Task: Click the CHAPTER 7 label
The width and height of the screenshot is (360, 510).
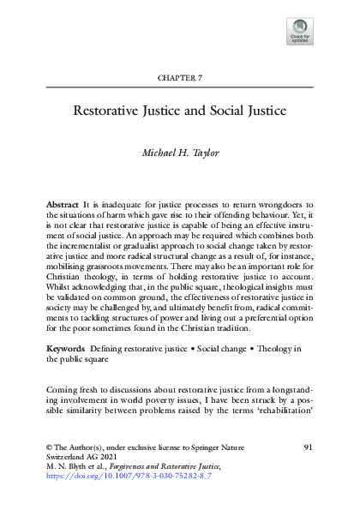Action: click(180, 77)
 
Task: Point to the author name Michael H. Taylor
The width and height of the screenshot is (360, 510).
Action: click(180, 152)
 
